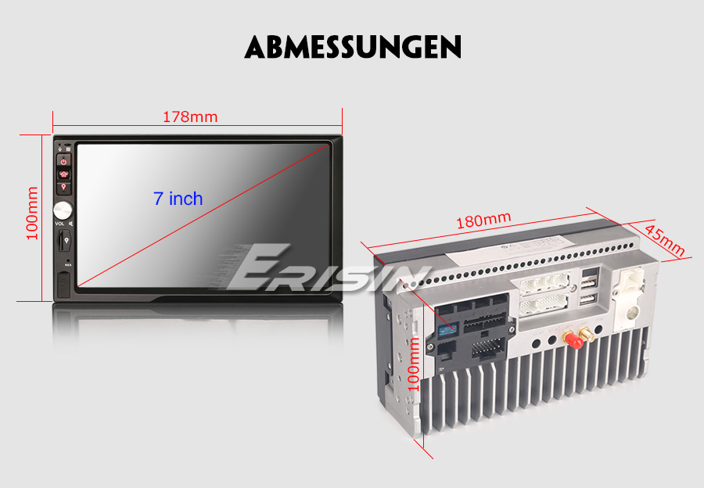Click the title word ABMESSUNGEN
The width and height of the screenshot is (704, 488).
point(352,47)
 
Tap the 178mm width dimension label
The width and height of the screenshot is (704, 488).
point(190,117)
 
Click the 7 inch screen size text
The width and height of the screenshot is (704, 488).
point(178,199)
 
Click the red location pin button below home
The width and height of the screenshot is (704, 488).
point(63,188)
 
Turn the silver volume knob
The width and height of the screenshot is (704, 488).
point(62,210)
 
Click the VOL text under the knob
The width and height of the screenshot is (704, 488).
point(59,224)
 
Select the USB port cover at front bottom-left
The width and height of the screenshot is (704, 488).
point(63,283)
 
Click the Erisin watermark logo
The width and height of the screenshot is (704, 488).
point(329,270)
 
